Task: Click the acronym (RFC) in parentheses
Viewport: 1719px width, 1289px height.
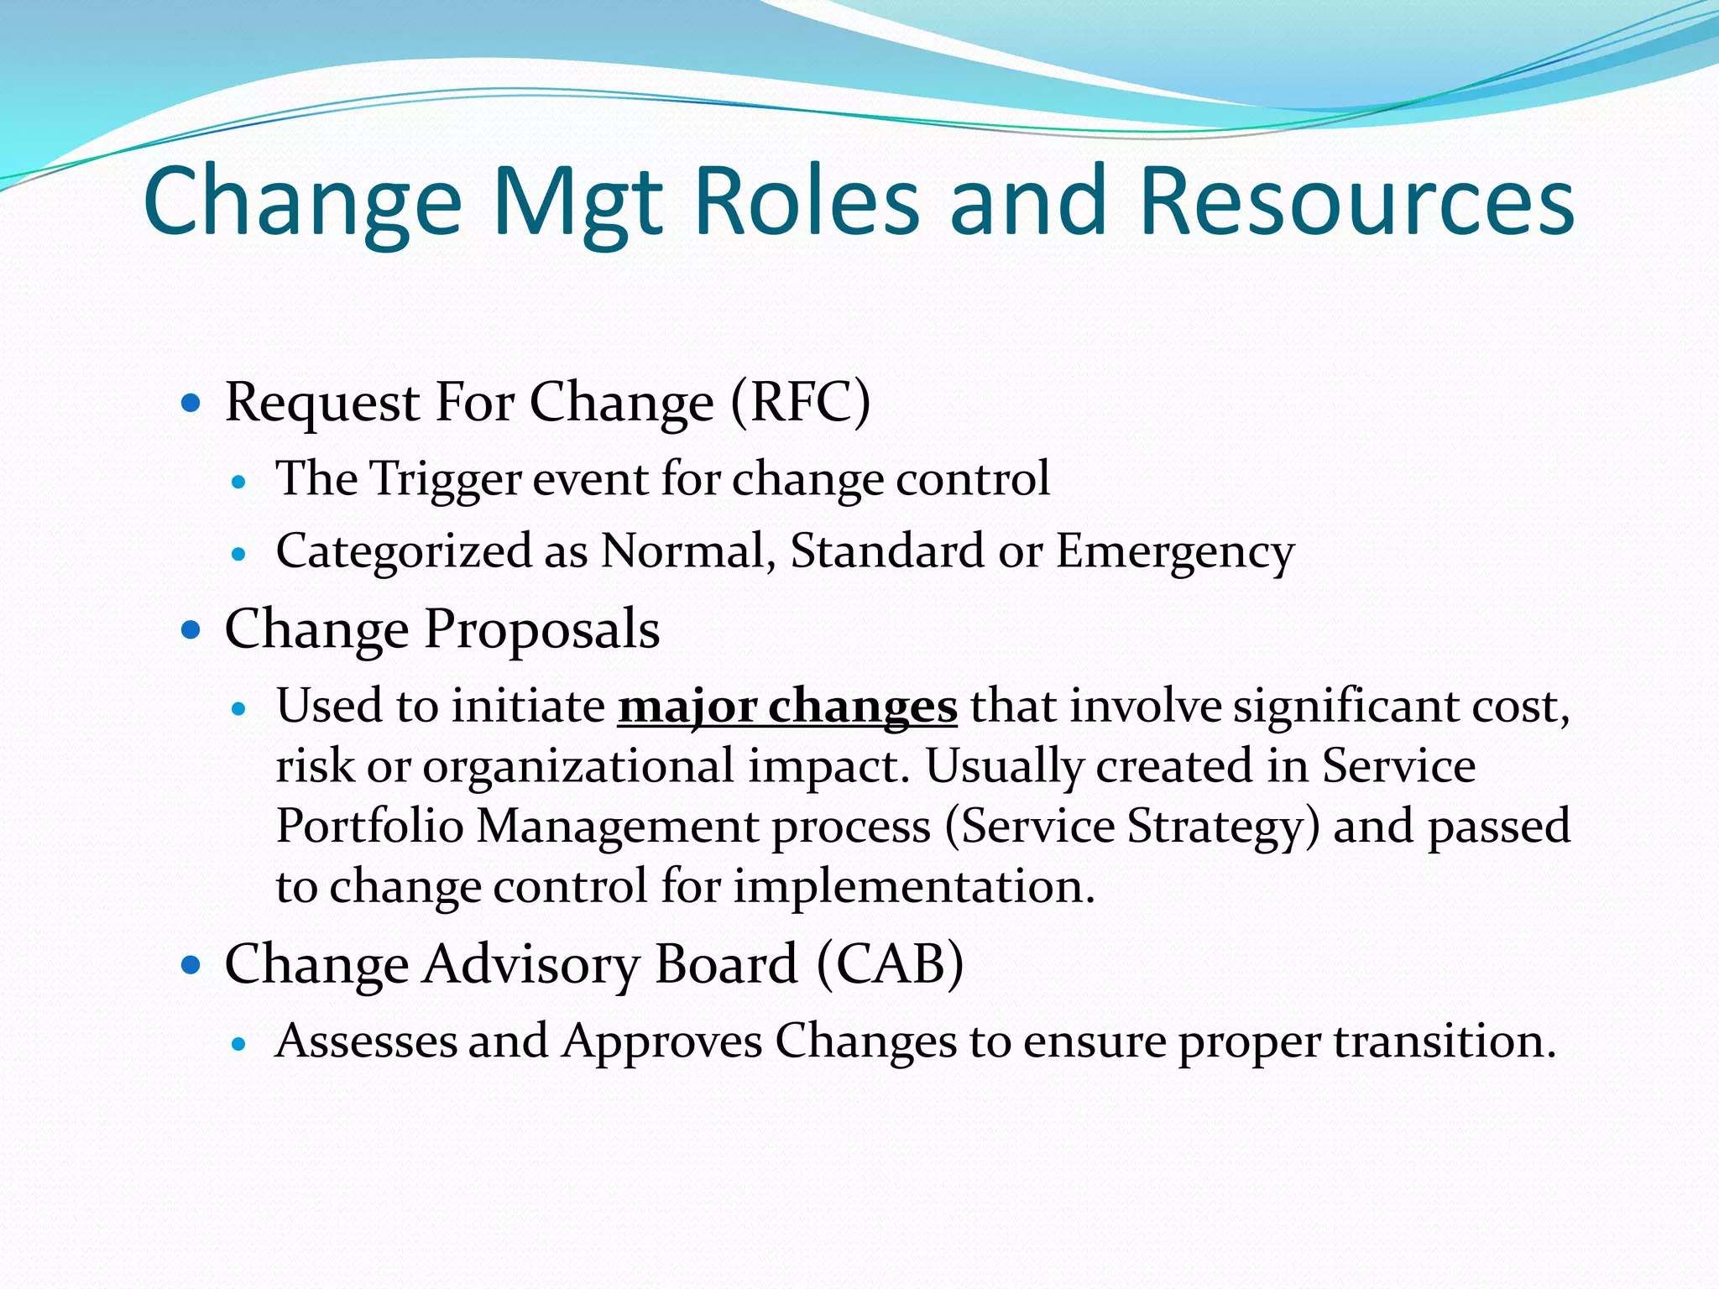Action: pos(800,403)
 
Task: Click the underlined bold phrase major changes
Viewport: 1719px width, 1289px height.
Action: pos(787,707)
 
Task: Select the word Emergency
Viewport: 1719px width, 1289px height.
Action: pos(1174,552)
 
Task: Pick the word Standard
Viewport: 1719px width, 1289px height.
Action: pos(887,552)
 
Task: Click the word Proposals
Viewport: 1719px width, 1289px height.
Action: pos(541,629)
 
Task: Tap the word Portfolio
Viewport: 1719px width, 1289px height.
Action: pos(369,827)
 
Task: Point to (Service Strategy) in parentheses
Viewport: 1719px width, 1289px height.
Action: pos(1132,827)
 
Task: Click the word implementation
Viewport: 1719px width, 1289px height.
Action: pos(914,887)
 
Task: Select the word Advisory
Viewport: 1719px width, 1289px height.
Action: pos(530,964)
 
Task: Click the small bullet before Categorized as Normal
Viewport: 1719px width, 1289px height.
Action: pos(240,555)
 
